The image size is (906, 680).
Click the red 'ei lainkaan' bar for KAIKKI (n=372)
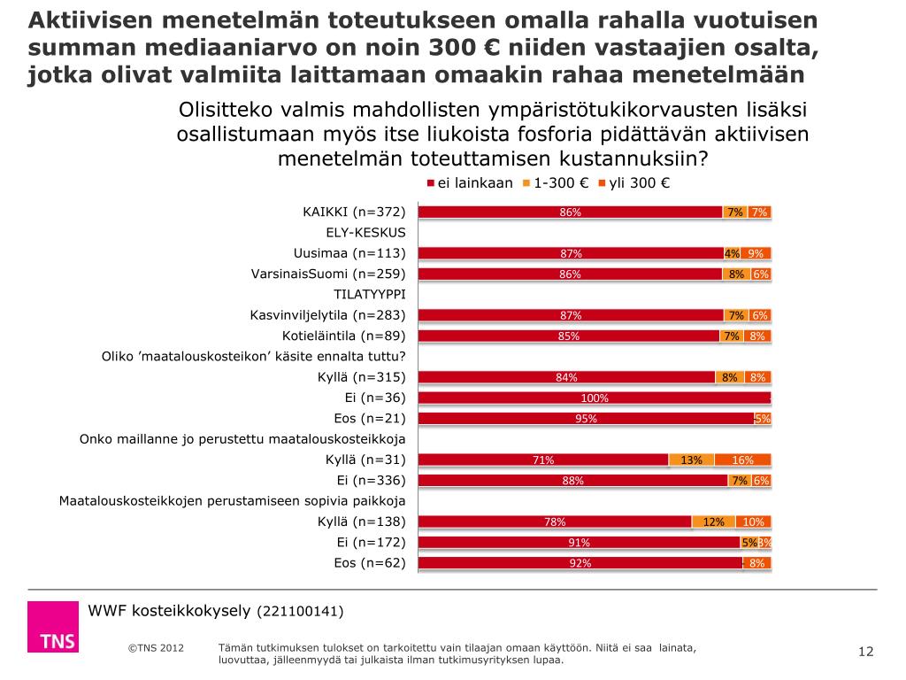tap(570, 212)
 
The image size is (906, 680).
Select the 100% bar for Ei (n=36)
tap(594, 398)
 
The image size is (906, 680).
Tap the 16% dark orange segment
tap(742, 460)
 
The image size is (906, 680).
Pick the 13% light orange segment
tap(691, 460)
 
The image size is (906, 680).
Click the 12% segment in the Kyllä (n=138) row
tap(713, 522)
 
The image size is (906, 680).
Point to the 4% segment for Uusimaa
tap(732, 253)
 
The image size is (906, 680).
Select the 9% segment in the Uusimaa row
tap(755, 253)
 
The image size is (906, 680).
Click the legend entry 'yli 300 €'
tap(633, 183)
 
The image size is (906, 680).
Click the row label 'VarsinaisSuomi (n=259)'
tap(328, 274)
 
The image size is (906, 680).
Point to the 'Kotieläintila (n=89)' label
tap(343, 336)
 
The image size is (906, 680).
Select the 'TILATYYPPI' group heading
tap(369, 294)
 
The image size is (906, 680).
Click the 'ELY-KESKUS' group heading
tap(365, 233)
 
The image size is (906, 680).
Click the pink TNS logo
tap(52, 627)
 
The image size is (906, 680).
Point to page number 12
tap(866, 653)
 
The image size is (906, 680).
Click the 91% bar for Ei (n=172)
tap(579, 543)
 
